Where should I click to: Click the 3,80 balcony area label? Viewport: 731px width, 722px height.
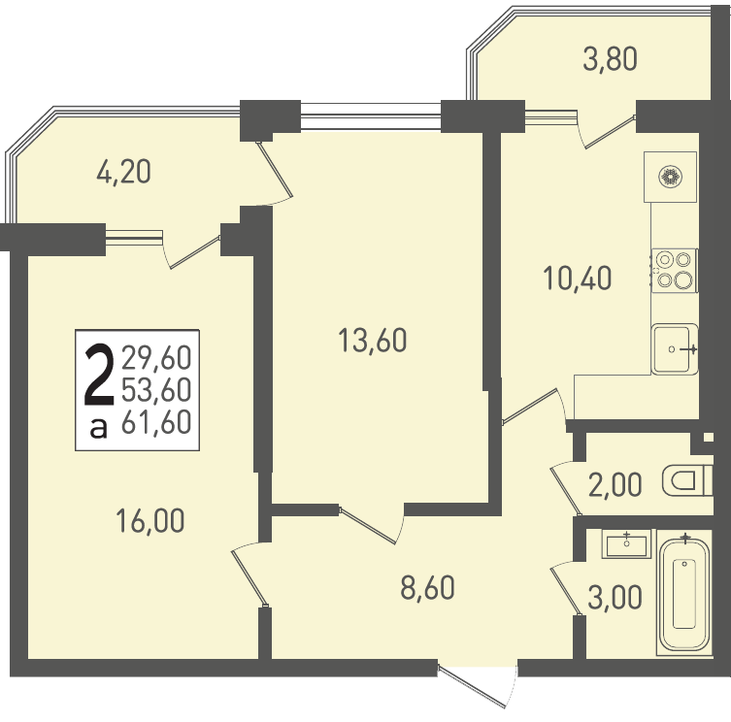pyautogui.click(x=610, y=59)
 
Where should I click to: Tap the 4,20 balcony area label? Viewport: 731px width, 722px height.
pyautogui.click(x=123, y=172)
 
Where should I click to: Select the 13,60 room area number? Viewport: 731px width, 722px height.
pyautogui.click(x=372, y=341)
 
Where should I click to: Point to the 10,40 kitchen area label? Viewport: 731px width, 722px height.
pyautogui.click(x=578, y=279)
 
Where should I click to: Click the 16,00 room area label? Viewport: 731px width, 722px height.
pyautogui.click(x=150, y=521)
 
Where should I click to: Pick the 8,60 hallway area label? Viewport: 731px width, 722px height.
pyautogui.click(x=427, y=588)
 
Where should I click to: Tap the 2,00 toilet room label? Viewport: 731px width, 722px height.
pyautogui.click(x=615, y=485)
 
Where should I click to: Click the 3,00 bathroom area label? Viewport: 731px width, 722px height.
pyautogui.click(x=615, y=598)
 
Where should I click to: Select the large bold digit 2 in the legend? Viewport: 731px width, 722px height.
pyautogui.click(x=99, y=375)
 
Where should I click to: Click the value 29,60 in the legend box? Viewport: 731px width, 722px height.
pyautogui.click(x=156, y=357)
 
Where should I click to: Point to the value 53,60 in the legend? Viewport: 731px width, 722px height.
pyautogui.click(x=156, y=390)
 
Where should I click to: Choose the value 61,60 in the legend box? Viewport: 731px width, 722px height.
pyautogui.click(x=156, y=422)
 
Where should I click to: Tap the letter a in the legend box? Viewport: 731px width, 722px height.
pyautogui.click(x=98, y=428)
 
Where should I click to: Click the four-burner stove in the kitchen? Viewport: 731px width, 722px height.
pyautogui.click(x=674, y=271)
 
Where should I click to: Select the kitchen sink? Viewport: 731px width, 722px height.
pyautogui.click(x=675, y=349)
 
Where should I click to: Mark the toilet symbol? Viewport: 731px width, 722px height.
pyautogui.click(x=687, y=480)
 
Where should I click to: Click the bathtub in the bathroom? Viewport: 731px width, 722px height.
pyautogui.click(x=684, y=594)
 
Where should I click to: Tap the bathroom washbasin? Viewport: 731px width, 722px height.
pyautogui.click(x=626, y=544)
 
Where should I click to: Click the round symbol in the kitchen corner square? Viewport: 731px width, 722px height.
pyautogui.click(x=671, y=177)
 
